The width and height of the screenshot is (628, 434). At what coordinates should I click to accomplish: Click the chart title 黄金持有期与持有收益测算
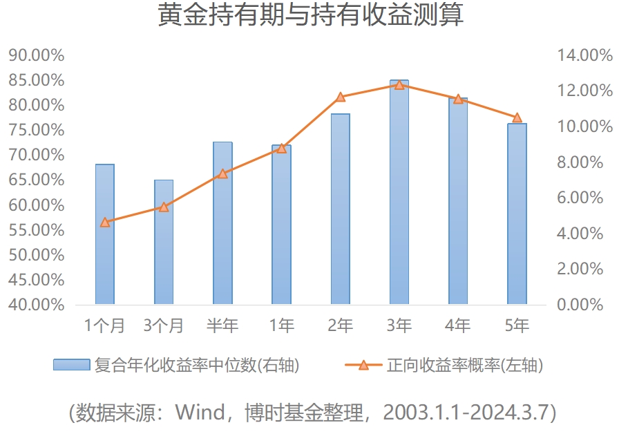click(310, 15)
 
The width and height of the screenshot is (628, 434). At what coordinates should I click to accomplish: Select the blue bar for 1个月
click(105, 235)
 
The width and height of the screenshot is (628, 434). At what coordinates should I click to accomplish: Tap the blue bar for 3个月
click(164, 242)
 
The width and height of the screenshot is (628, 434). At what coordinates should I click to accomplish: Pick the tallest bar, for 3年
click(399, 194)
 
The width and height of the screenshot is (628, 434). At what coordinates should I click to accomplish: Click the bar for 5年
click(517, 214)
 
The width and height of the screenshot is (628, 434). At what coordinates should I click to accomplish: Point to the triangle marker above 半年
click(222, 173)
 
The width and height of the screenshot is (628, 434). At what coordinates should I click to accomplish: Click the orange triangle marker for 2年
click(341, 97)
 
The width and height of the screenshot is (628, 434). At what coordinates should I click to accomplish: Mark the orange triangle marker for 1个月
click(105, 222)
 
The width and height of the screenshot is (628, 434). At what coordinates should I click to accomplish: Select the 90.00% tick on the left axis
click(36, 55)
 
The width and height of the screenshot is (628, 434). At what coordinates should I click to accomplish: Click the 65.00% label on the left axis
click(36, 180)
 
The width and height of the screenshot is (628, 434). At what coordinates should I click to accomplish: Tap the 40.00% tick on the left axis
click(36, 305)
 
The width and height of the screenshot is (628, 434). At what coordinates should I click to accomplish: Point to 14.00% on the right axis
click(584, 55)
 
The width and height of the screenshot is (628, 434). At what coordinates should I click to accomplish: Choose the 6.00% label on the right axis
click(584, 198)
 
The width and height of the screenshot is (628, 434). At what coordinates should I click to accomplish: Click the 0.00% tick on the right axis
click(584, 305)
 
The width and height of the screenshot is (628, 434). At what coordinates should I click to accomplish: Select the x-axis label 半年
click(222, 325)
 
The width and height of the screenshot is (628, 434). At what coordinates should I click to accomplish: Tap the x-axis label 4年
click(457, 325)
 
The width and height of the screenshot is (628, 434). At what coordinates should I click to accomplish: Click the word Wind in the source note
click(200, 413)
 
